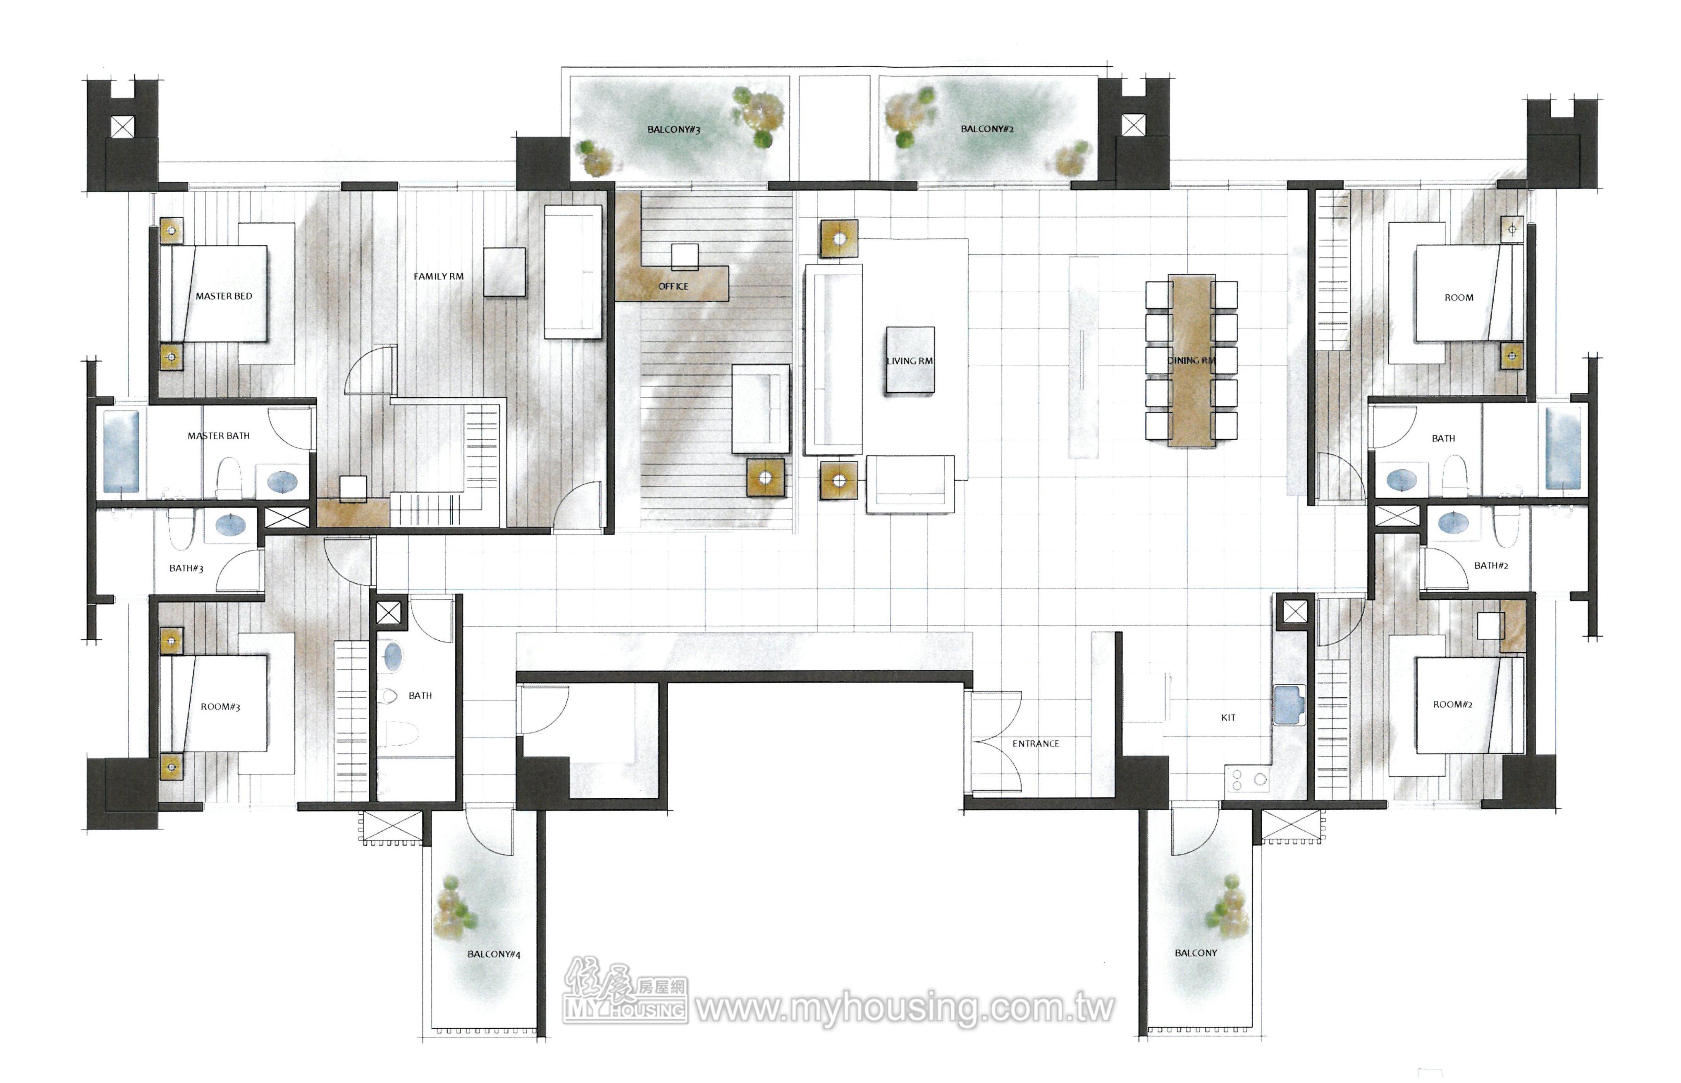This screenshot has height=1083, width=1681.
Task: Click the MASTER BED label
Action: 224,296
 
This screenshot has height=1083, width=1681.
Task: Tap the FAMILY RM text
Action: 438,277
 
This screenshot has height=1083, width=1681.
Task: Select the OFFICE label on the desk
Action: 673,286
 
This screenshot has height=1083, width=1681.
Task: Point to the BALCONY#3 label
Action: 674,129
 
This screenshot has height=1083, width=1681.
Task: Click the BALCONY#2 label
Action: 987,129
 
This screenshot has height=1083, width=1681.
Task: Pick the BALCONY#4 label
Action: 494,954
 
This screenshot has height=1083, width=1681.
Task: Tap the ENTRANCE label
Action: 1035,743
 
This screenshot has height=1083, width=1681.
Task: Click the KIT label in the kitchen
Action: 1228,717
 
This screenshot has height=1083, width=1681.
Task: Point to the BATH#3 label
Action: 186,568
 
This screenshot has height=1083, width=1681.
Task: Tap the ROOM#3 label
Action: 220,707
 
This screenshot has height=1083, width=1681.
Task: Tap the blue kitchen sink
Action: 1289,705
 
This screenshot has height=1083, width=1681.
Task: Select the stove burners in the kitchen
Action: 1246,778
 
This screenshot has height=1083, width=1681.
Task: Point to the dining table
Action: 1192,360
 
